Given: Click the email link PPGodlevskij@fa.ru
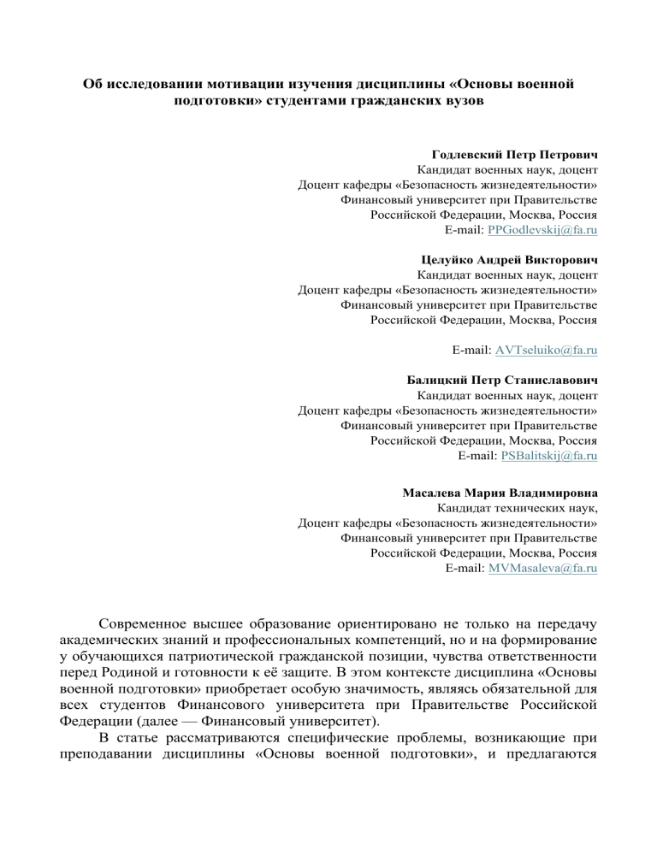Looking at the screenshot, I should click(x=542, y=231).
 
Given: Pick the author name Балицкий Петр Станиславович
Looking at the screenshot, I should click(x=502, y=378).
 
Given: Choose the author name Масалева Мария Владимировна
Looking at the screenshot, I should click(x=500, y=493).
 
